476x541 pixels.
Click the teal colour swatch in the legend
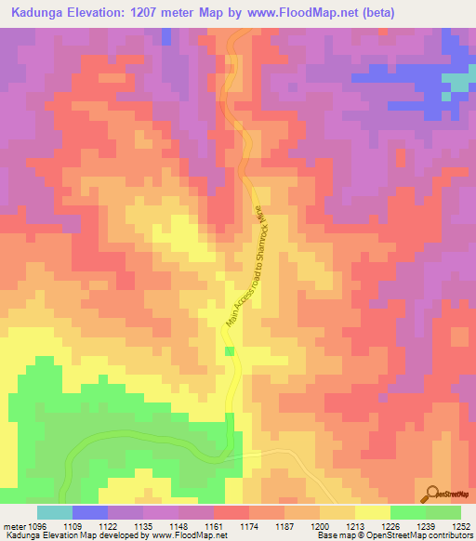pyautogui.click(x=55, y=512)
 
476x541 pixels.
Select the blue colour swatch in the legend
pyautogui.click(x=90, y=512)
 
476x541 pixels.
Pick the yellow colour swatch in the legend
pyautogui.click(x=373, y=512)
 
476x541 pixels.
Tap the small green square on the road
pyautogui.click(x=230, y=350)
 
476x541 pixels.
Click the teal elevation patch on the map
pyautogui.click(x=456, y=81)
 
